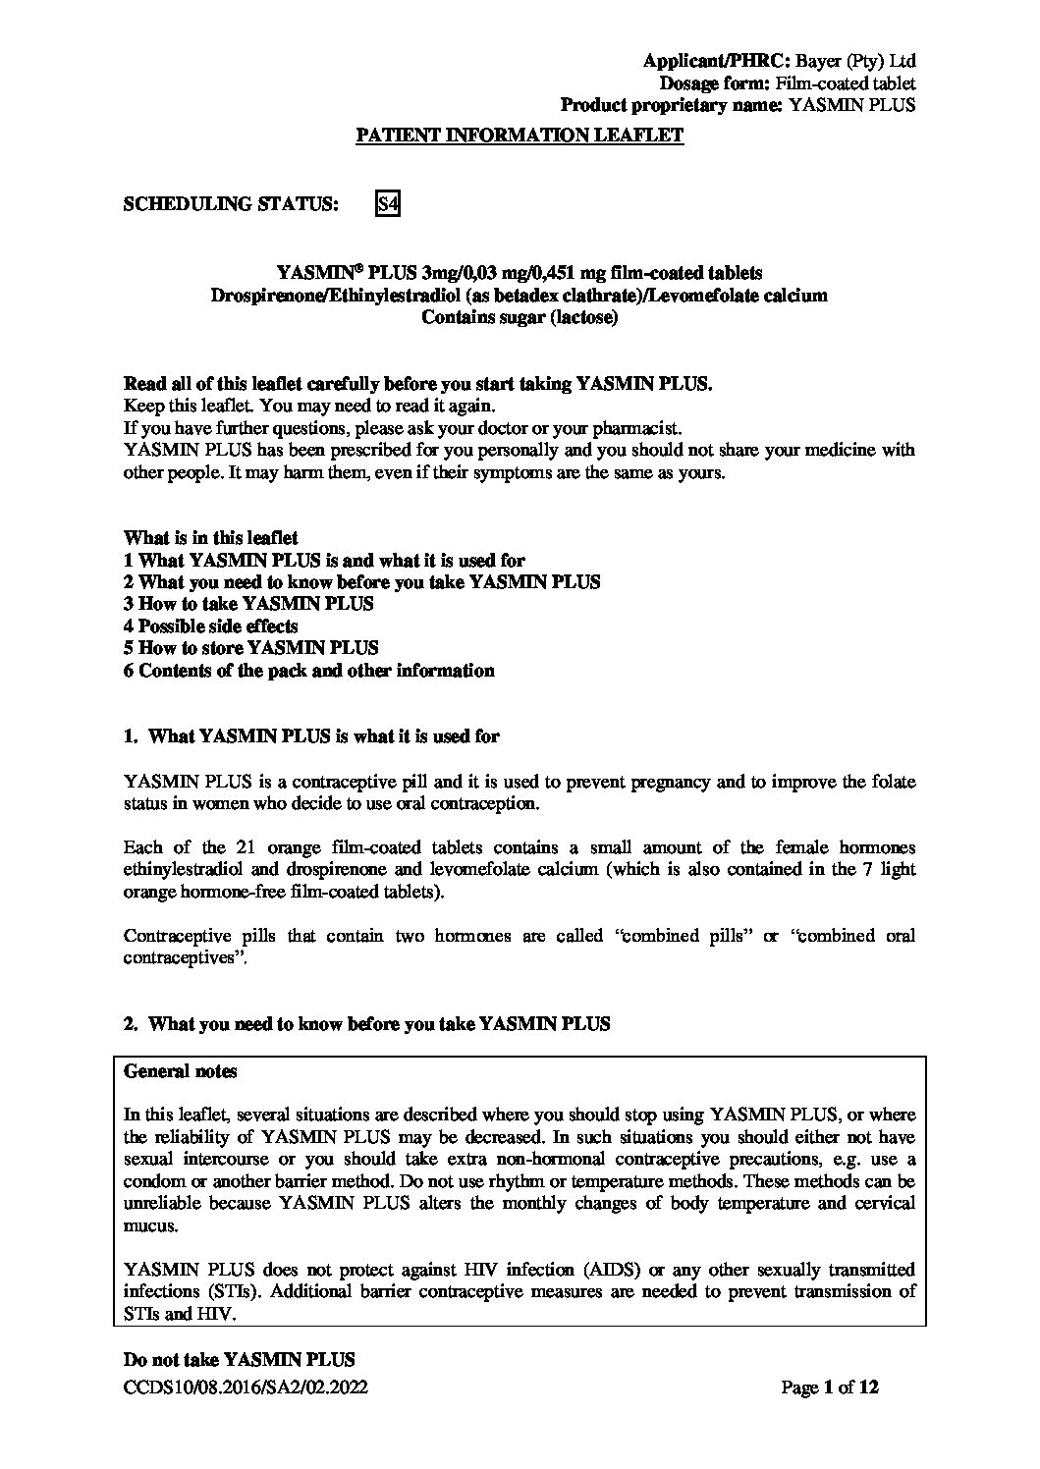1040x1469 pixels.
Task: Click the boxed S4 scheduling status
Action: tap(388, 204)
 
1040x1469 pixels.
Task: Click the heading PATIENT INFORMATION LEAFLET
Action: tap(519, 136)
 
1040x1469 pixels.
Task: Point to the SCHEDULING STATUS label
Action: tap(232, 204)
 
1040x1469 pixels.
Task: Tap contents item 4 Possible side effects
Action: tap(211, 626)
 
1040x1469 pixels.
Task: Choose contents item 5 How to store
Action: tap(251, 648)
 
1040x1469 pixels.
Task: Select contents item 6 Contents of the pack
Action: tap(309, 671)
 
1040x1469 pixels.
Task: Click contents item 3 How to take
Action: tap(248, 604)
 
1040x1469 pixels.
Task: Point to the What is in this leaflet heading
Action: tap(211, 538)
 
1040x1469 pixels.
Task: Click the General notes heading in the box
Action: tap(180, 1071)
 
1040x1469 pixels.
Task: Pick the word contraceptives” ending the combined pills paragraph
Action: tap(187, 957)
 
